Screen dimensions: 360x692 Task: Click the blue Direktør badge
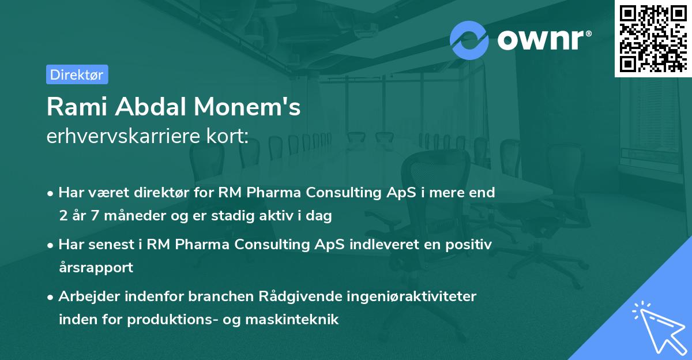[77, 74]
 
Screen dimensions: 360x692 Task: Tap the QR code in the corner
[652, 39]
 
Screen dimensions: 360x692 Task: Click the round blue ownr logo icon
[469, 40]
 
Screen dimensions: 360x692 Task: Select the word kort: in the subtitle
[230, 136]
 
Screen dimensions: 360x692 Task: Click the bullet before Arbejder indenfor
[51, 297]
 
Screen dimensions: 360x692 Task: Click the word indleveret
[384, 245]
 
